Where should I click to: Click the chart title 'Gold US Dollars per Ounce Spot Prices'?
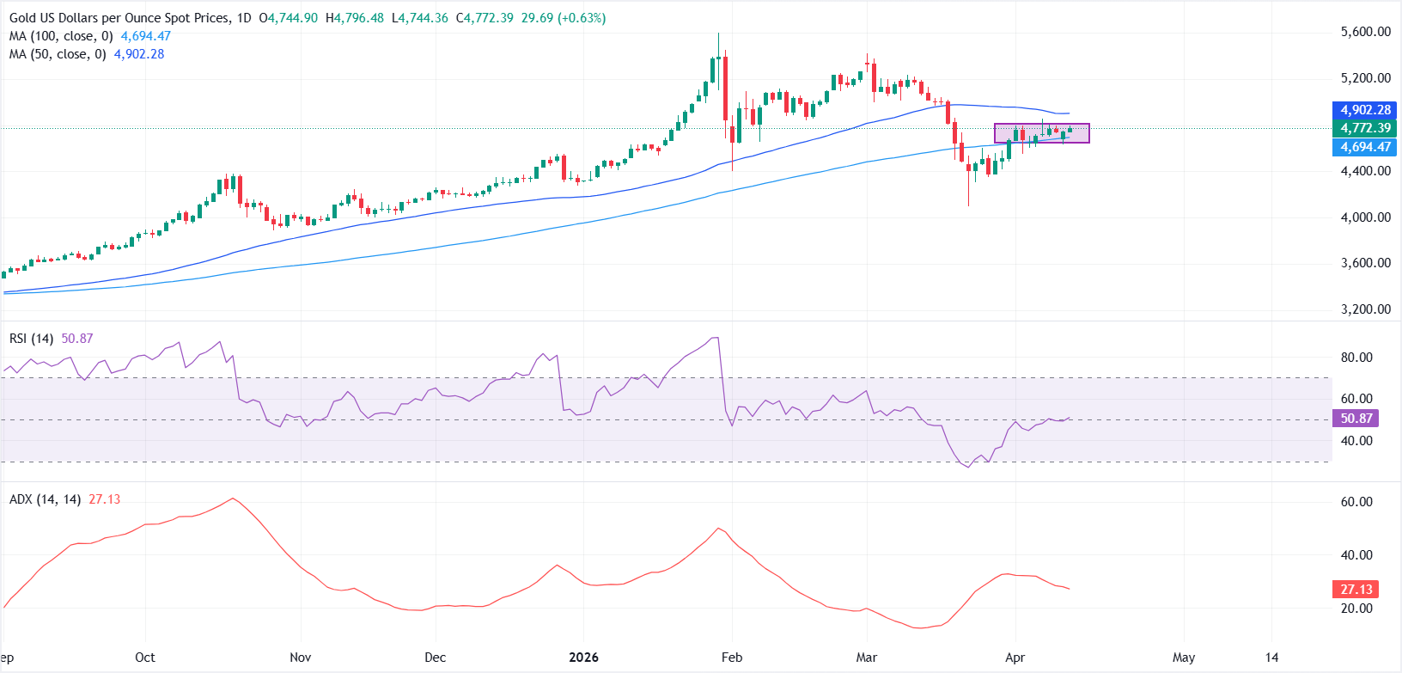pyautogui.click(x=119, y=18)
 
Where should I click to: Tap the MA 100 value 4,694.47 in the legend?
pyautogui.click(x=145, y=36)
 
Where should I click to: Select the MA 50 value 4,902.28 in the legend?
pyautogui.click(x=138, y=54)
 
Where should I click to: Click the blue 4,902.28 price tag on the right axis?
pyautogui.click(x=1365, y=110)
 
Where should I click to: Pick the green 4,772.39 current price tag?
pyautogui.click(x=1365, y=128)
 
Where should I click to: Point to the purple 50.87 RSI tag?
pyautogui.click(x=1356, y=419)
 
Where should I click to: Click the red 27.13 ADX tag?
pyautogui.click(x=1356, y=590)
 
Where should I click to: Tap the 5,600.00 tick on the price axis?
pyautogui.click(x=1365, y=32)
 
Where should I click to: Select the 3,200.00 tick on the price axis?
pyautogui.click(x=1365, y=309)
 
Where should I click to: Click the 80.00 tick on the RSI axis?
pyautogui.click(x=1356, y=358)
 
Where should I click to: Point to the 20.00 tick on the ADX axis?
pyautogui.click(x=1356, y=609)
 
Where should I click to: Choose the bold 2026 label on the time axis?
pyautogui.click(x=583, y=658)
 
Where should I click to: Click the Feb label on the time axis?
pyautogui.click(x=731, y=658)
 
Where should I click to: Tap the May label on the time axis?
pyautogui.click(x=1184, y=658)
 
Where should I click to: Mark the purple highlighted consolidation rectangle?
pyautogui.click(x=1041, y=133)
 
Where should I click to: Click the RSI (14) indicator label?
pyautogui.click(x=31, y=339)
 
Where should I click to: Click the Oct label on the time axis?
pyautogui.click(x=145, y=658)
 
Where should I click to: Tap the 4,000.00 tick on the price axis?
pyautogui.click(x=1365, y=217)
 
